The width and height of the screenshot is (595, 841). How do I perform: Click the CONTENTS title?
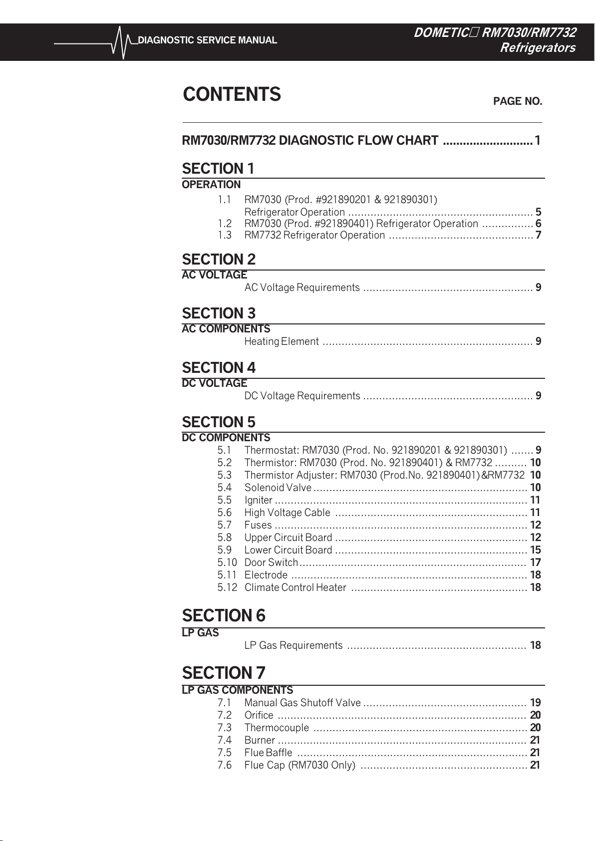point(232,94)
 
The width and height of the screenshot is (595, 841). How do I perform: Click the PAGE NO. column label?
point(517,101)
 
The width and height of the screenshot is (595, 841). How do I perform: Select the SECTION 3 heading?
point(219,313)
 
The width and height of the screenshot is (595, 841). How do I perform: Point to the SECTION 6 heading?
point(224,615)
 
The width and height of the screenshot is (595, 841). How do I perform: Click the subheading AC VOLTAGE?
point(214,275)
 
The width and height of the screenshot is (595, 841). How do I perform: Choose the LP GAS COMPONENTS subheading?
point(237,690)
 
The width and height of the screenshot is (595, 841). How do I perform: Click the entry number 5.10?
point(227,562)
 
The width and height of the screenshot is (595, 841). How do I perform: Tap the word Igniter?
point(258,500)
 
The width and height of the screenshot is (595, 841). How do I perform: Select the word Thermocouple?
point(277,728)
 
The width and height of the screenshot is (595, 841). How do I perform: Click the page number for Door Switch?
point(535,562)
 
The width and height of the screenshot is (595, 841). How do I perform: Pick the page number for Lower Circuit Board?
point(535,550)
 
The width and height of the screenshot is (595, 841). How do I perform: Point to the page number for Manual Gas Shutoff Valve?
point(535,703)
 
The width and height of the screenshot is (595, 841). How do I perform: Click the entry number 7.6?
point(225,765)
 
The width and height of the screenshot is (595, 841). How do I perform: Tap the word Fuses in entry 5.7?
point(258,525)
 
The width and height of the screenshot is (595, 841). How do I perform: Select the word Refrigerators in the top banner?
point(538,48)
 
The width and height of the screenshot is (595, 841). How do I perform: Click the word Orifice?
point(259,715)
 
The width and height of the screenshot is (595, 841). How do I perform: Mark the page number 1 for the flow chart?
point(538,141)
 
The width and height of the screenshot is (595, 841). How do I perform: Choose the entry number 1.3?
point(225,235)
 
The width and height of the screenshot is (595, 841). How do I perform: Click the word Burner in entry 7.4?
point(260,740)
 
